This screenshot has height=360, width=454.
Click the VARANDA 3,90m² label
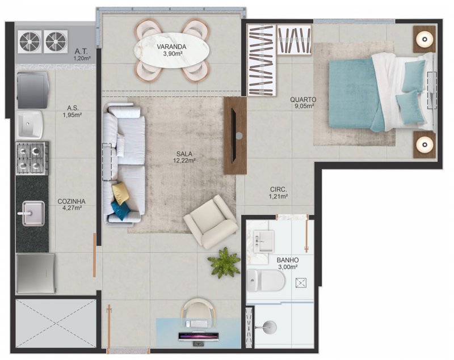coord(171,49)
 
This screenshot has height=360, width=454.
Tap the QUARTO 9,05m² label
coord(305,102)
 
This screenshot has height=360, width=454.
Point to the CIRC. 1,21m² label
coord(278,193)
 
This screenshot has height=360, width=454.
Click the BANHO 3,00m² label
coord(288,264)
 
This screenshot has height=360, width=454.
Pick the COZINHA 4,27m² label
coord(72,204)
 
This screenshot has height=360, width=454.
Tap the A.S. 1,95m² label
coord(72,111)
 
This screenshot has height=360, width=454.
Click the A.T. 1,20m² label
coord(81,54)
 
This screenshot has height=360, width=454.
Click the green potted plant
coord(224,262)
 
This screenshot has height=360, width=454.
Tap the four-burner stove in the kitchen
coord(32,158)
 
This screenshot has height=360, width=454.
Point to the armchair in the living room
coord(211,222)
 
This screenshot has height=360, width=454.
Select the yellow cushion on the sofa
coord(120,193)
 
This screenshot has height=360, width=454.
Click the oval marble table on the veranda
coord(171,49)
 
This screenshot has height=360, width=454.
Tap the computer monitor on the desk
coord(197,337)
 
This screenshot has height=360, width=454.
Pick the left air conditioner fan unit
coord(30,41)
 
